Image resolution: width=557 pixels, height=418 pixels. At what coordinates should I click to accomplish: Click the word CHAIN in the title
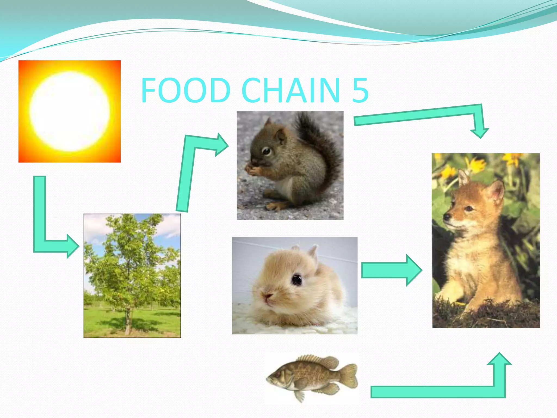tap(290, 90)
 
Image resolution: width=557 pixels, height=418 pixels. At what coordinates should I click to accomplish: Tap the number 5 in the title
tap(360, 90)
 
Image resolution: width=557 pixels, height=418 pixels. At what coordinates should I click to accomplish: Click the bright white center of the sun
tap(70, 112)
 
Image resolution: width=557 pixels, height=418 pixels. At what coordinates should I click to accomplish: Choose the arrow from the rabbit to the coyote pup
tap(389, 270)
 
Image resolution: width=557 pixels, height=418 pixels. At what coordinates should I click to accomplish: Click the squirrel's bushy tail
tap(321, 142)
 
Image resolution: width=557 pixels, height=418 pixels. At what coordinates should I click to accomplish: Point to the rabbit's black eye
tap(297, 279)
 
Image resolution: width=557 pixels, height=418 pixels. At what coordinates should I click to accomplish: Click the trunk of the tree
tap(128, 321)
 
